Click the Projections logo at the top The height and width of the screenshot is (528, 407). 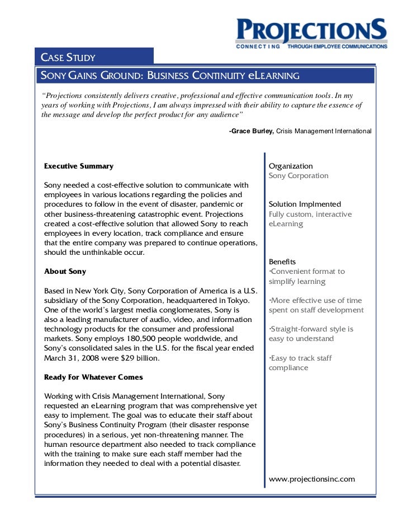pos(310,32)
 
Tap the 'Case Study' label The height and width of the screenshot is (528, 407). pos(68,57)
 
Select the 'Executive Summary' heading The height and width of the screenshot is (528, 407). pos(78,166)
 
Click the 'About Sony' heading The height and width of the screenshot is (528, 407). pos(65,271)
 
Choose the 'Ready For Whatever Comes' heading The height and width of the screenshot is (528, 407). pos(93,377)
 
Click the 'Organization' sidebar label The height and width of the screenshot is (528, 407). pos(291,166)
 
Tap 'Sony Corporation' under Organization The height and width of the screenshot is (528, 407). pos(299,175)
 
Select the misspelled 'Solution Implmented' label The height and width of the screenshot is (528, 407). pos(305,204)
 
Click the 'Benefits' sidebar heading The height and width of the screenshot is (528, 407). pos(282,261)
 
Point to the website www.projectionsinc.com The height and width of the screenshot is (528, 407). pos(312,479)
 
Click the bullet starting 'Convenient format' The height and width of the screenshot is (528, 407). pos(307,276)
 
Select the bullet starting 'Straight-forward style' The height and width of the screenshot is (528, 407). pos(310,334)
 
